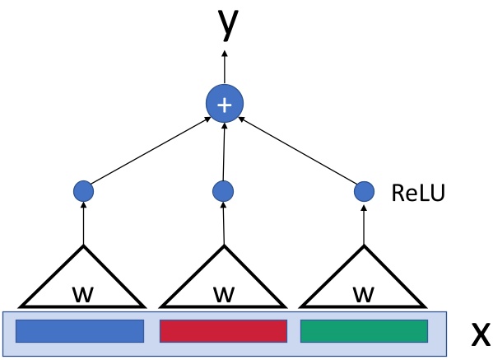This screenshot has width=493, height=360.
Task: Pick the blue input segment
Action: pyautogui.click(x=80, y=330)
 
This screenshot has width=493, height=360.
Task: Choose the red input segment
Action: pyautogui.click(x=222, y=330)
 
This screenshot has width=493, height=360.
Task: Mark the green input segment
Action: pyautogui.click(x=364, y=330)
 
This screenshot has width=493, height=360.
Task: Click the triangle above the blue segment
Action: pyautogui.click(x=82, y=280)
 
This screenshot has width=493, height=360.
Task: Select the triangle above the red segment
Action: pyautogui.click(x=222, y=280)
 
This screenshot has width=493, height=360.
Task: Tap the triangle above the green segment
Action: pyautogui.click(x=363, y=280)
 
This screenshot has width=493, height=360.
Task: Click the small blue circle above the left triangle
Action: pyautogui.click(x=83, y=192)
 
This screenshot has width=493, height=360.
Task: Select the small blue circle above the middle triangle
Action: pyautogui.click(x=223, y=192)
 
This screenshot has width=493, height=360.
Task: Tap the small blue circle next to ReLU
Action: pyautogui.click(x=364, y=192)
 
